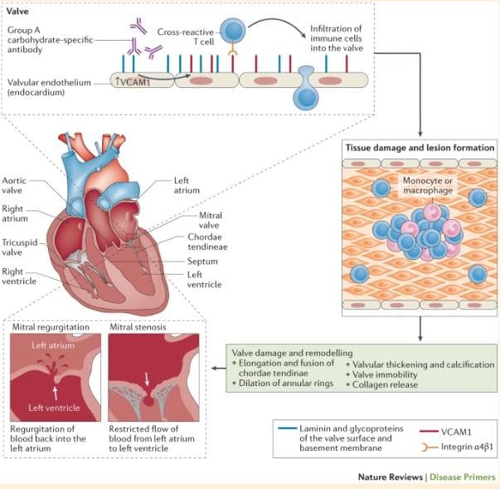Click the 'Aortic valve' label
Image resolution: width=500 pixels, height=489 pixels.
14,185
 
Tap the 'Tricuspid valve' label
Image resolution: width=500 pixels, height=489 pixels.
20,247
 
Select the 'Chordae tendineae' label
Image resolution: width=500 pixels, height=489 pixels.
207,242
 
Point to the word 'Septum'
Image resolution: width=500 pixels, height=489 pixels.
202,262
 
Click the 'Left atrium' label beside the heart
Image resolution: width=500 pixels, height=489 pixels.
187,185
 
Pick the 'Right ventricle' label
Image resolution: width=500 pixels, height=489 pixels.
19,276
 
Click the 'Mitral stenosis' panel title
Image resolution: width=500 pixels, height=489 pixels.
138,327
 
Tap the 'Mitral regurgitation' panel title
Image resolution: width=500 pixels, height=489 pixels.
51,327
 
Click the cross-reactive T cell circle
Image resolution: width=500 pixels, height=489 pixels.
233,30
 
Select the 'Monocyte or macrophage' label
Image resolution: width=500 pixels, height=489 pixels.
428,185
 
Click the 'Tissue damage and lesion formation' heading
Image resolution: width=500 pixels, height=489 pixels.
420,148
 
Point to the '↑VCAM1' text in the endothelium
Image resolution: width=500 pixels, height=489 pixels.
133,82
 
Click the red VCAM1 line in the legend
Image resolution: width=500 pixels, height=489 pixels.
429,432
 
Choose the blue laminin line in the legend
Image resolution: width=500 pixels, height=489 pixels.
287,428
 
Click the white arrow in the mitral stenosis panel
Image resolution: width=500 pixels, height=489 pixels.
147,379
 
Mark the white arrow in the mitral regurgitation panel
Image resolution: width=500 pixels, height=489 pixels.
56,394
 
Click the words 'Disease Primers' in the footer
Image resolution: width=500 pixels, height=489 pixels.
462,477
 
